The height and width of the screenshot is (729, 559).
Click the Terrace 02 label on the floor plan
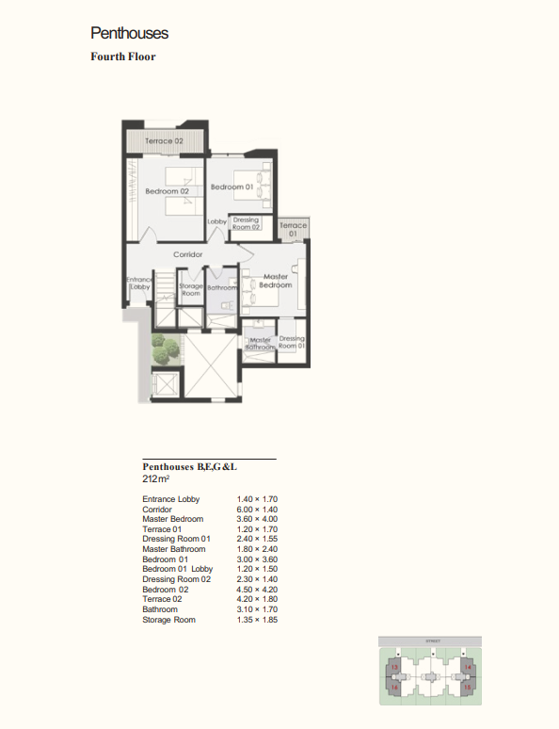click(x=164, y=141)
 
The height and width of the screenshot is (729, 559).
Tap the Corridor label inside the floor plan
click(x=188, y=254)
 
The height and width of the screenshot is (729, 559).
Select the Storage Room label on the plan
click(x=190, y=289)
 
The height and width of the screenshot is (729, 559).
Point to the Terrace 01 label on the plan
click(x=293, y=229)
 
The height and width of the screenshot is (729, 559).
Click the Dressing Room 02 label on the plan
click(x=246, y=223)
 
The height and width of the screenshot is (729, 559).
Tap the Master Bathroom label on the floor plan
click(x=259, y=344)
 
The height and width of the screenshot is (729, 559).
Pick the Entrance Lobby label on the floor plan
click(x=138, y=283)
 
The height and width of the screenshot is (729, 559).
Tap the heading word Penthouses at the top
click(x=130, y=33)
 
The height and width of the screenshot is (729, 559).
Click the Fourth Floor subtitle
click(x=122, y=57)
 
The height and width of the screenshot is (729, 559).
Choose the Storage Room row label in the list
click(x=168, y=620)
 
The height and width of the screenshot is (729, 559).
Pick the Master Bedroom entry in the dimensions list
click(x=172, y=519)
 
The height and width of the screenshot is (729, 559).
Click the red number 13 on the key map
click(x=394, y=668)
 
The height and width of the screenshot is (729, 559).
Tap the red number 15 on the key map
click(x=467, y=688)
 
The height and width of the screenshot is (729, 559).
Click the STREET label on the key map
click(x=432, y=640)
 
